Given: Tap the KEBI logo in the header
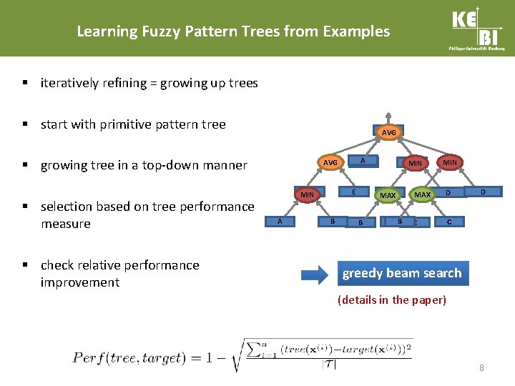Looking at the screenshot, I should pos(478,29).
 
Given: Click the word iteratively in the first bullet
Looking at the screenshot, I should pos(69,83).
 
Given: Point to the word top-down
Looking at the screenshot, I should pos(180,165).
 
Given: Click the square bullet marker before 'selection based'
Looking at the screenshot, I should pos(26,207).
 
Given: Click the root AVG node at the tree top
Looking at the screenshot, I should pos(388,133).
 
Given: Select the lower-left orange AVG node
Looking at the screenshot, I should pos(330,162).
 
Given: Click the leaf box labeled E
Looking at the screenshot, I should pos(354,192).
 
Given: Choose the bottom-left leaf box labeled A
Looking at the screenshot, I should pos(280,222).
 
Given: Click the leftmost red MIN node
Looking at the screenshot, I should pos(307,194).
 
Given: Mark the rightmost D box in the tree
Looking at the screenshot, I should pos(483,192).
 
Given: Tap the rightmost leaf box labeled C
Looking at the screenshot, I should pos(448,222).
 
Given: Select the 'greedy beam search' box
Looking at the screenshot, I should pos(402,273).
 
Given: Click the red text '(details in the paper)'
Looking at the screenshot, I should pos(391,300).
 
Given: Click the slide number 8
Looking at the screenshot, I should pos(481,368).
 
